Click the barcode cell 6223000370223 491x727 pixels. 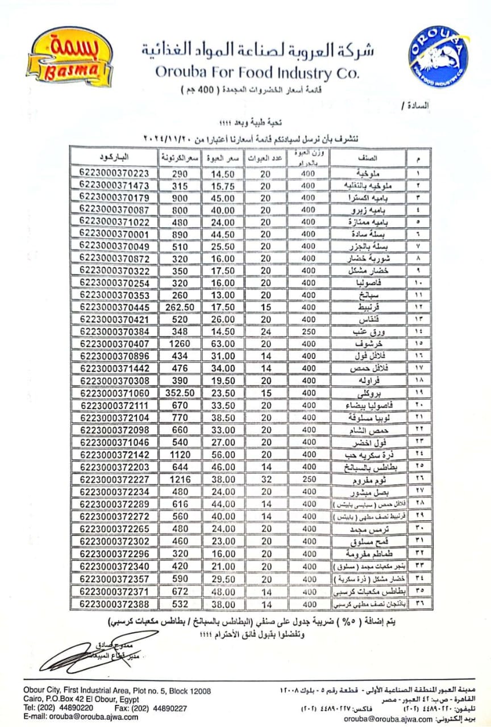[114, 172]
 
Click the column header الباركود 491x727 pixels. [115, 156]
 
